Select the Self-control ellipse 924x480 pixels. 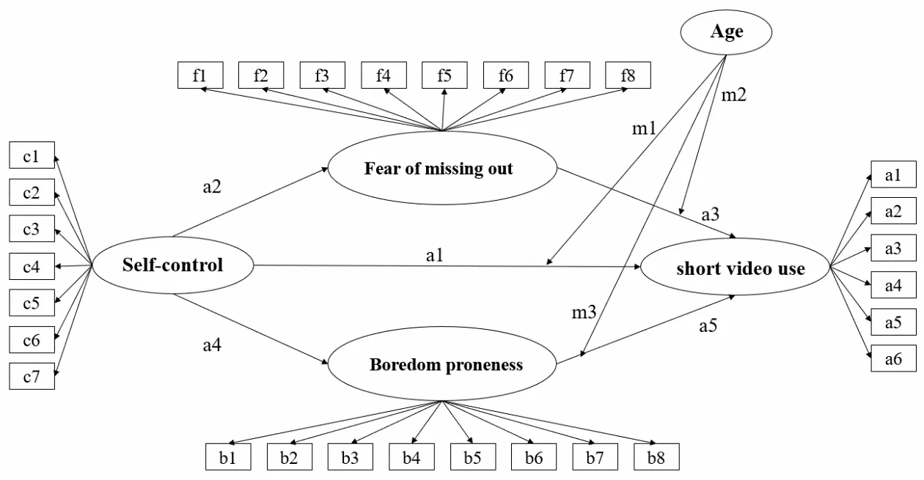(173, 265)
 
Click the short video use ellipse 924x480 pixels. (735, 269)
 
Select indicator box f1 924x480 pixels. (199, 75)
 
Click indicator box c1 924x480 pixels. (31, 156)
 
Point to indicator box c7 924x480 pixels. (31, 377)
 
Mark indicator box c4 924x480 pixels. (31, 267)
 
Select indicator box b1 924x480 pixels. (227, 458)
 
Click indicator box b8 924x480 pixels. (656, 458)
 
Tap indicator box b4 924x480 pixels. (411, 458)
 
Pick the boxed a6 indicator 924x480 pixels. (893, 359)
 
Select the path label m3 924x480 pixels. (584, 313)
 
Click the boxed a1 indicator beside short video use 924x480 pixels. (893, 175)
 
